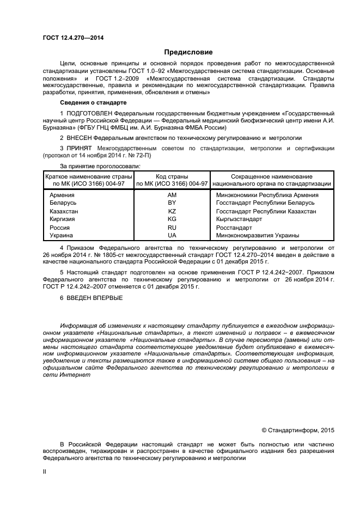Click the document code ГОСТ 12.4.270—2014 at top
72,38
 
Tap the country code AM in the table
172,195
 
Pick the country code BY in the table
172,203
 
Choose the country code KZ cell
172,211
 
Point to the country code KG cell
172,219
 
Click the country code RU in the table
172,228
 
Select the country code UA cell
172,235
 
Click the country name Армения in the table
62,195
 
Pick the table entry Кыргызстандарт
239,219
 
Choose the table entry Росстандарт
234,228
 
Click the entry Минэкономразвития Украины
258,235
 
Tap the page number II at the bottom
45,473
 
